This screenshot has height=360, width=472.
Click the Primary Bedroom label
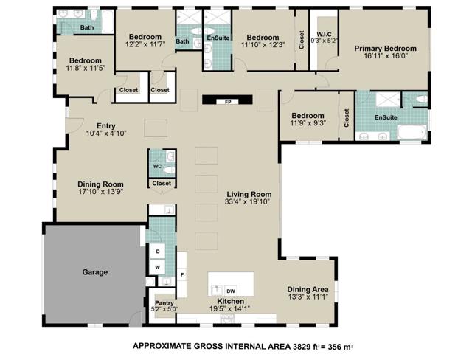click(x=385, y=49)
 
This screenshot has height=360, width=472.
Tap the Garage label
click(x=94, y=272)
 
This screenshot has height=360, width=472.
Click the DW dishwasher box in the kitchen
click(x=231, y=291)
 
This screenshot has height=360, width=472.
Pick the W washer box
click(x=158, y=267)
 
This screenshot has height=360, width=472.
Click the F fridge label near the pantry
click(x=182, y=275)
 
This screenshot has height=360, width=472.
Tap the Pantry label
click(x=164, y=302)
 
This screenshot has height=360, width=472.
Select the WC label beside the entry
click(x=157, y=167)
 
